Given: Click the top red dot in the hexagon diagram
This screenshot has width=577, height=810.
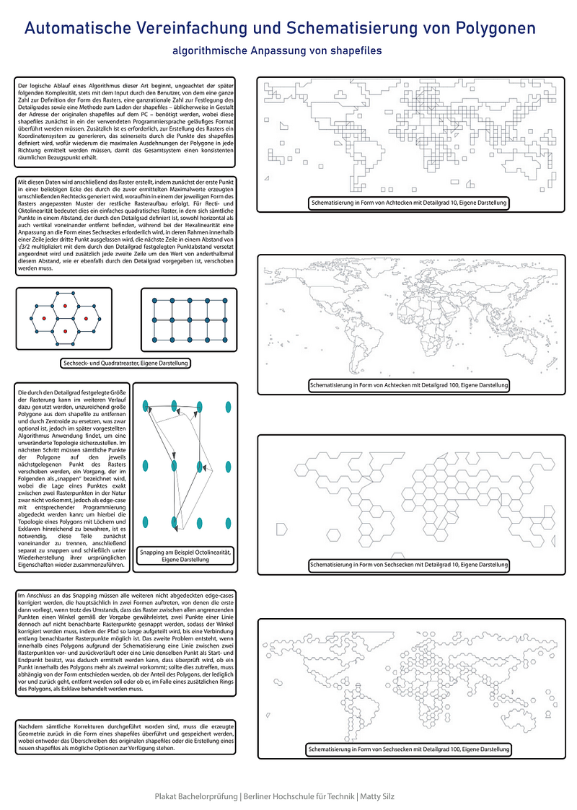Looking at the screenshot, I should (x=65, y=306).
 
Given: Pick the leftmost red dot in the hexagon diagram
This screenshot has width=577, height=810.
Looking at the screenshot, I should (x=44, y=318).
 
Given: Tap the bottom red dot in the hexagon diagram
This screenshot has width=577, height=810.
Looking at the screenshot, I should (x=65, y=330).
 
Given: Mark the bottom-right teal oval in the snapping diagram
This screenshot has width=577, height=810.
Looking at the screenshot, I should (x=226, y=521).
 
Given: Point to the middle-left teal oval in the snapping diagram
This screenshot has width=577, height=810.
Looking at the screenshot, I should (x=146, y=465).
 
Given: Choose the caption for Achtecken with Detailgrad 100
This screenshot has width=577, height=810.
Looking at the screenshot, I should (x=409, y=386).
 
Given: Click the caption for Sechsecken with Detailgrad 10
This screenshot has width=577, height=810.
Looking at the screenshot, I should (x=409, y=564).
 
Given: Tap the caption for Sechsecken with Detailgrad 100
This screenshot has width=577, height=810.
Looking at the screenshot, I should (x=409, y=750).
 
